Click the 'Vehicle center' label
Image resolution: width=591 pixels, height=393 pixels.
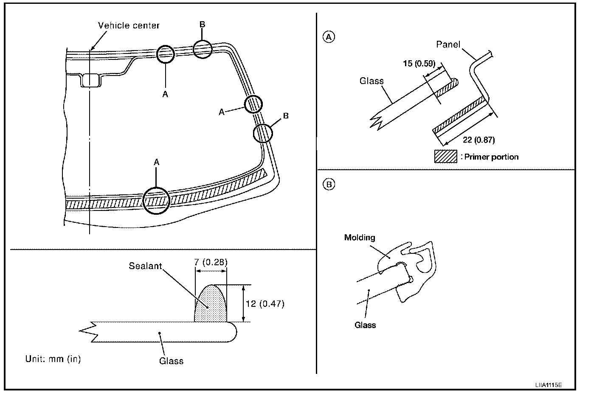coord(129,25)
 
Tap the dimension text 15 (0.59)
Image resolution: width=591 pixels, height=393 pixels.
coord(419,64)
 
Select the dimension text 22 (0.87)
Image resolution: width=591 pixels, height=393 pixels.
coord(478,140)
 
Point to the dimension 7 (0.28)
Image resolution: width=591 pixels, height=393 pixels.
coord(211,262)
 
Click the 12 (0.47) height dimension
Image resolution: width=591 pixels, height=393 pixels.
coord(265,304)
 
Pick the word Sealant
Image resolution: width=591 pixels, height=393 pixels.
coord(145,266)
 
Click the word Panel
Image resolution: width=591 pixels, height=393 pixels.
coord(448,44)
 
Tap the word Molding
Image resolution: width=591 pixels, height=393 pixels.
coord(360,238)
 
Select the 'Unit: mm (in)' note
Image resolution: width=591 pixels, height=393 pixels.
coord(53,359)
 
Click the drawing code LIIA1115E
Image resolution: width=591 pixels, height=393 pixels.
coord(549,385)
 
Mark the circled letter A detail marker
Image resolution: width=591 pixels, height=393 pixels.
coord(329,37)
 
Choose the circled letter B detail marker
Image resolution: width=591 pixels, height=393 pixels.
coord(329,184)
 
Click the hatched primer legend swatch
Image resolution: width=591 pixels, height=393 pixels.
coord(446,157)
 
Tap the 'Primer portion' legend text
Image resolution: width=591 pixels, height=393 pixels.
coord(490,157)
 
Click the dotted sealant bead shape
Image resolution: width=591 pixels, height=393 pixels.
coord(211,303)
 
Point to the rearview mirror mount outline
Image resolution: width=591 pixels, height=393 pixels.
coord(91,80)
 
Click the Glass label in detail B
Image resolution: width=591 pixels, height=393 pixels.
coord(365,325)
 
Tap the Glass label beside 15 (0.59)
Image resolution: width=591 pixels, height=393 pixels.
coord(371,81)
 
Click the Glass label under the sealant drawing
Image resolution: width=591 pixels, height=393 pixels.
coord(171,361)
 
